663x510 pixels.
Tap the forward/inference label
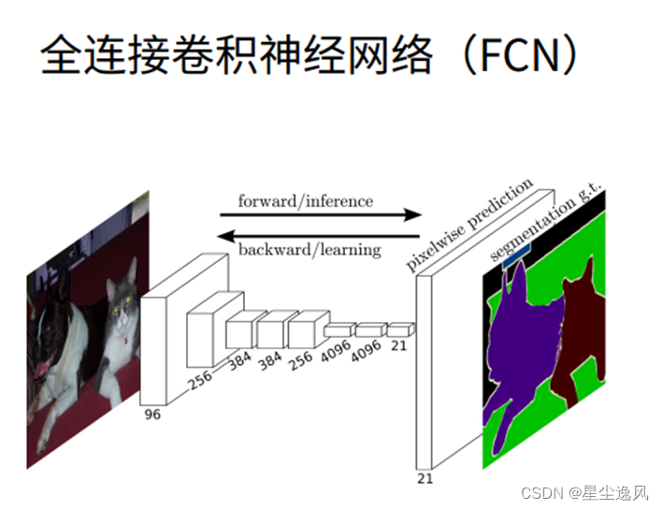[x=305, y=201]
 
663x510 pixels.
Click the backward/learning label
[x=310, y=250]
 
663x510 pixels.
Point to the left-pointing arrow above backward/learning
[x=318, y=235]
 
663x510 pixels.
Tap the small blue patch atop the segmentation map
[x=516, y=253]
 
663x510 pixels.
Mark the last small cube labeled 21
[x=399, y=328]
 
